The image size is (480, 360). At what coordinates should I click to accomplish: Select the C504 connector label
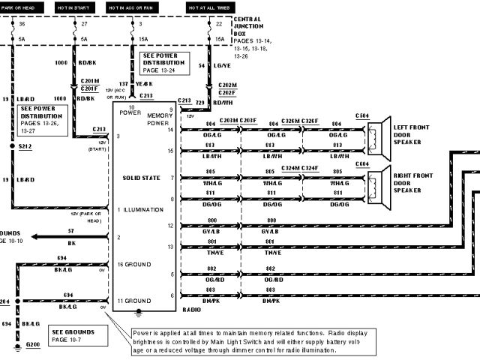pos(362,117)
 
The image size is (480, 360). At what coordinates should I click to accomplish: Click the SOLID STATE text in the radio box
pos(142,178)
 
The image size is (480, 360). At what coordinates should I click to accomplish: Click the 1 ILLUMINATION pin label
pos(139,209)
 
